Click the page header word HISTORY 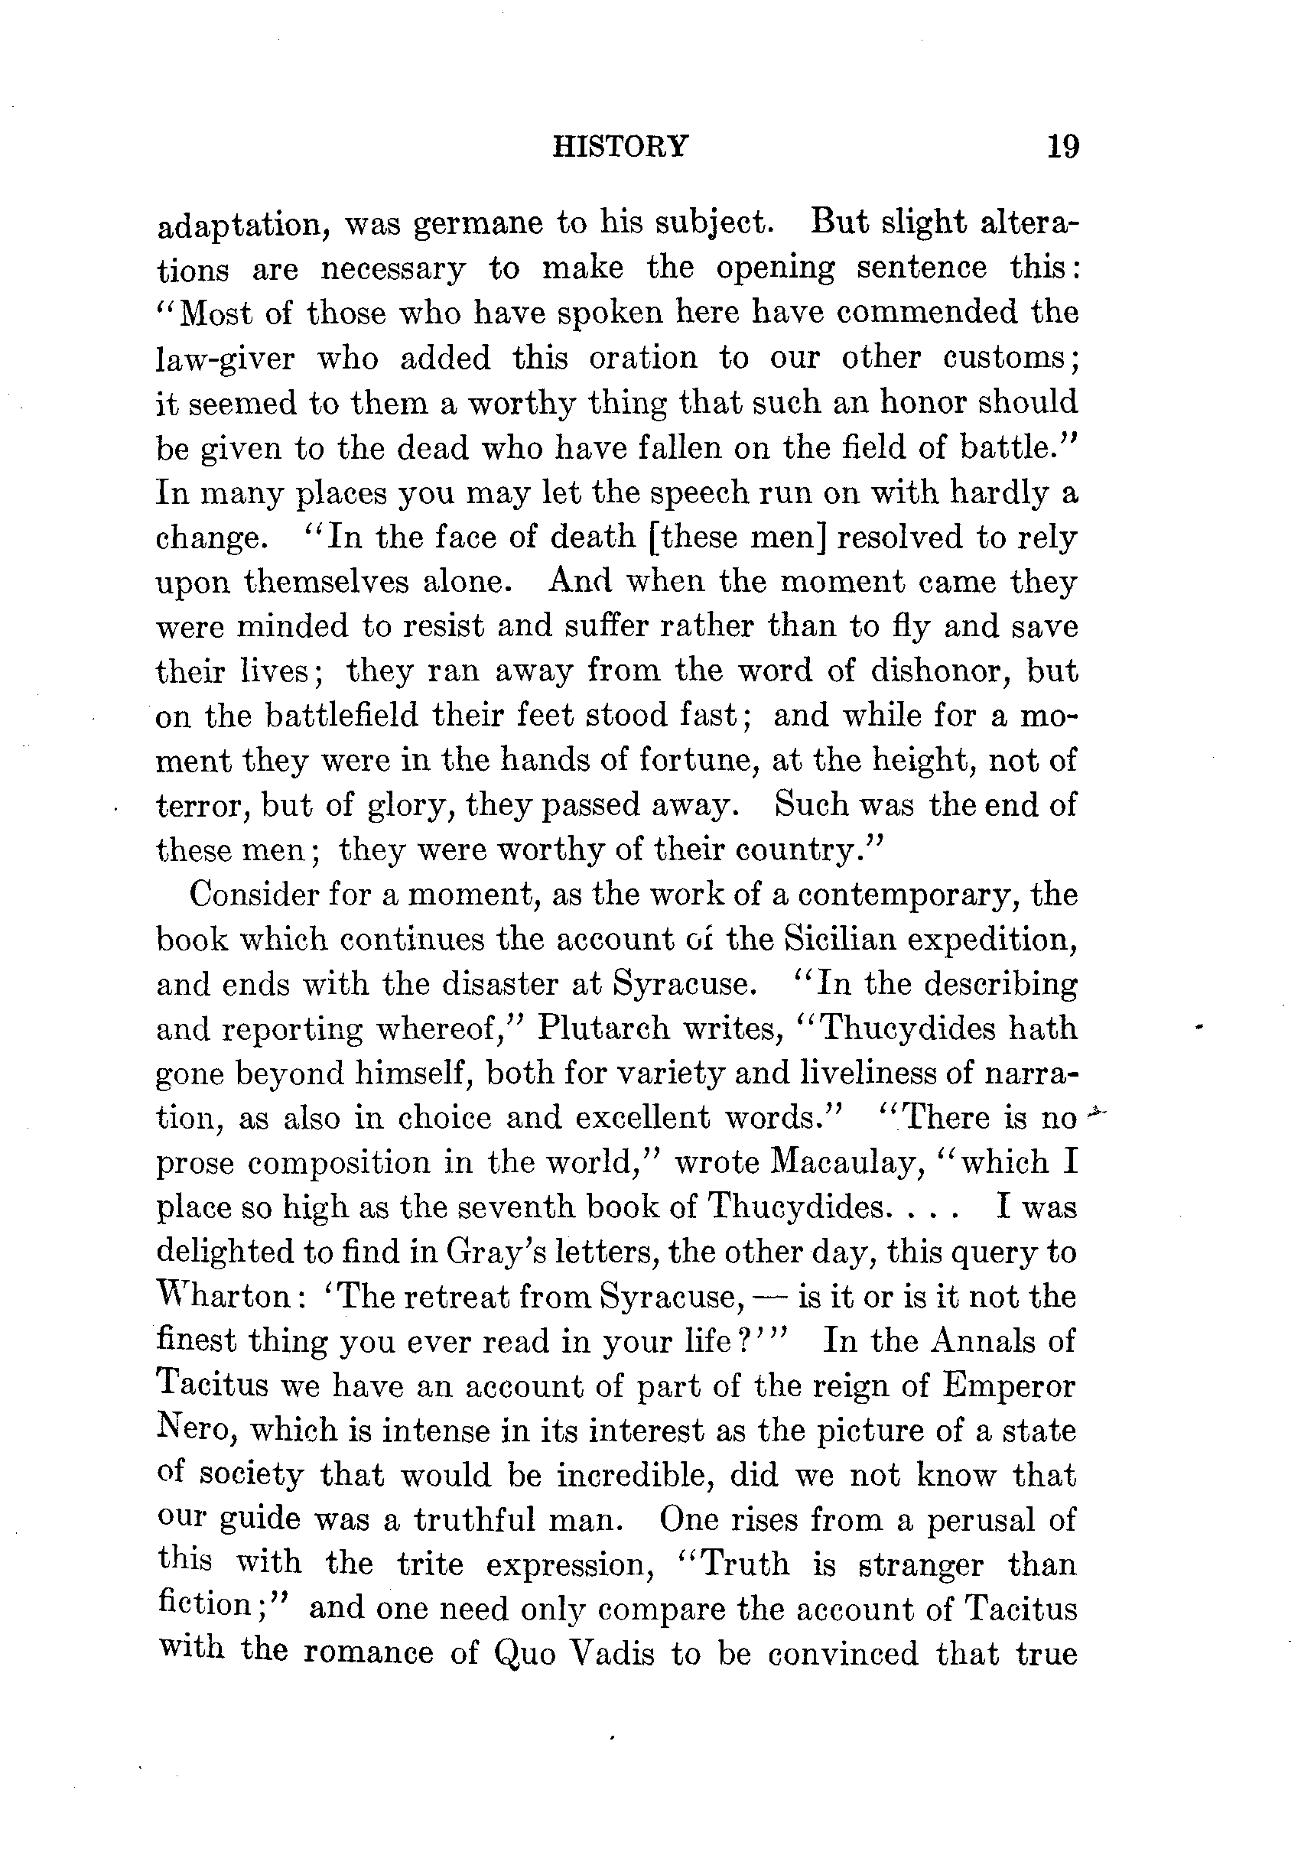point(620,146)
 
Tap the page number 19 point(1062,147)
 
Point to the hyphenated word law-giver point(226,359)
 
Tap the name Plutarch point(602,1028)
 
